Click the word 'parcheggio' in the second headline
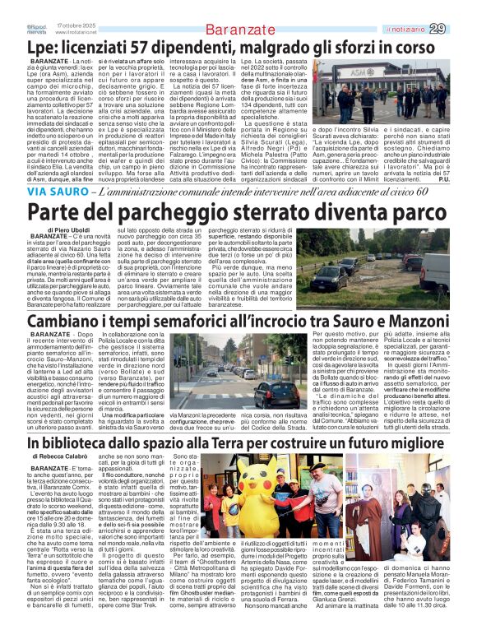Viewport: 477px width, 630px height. pyautogui.click(x=160, y=212)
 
